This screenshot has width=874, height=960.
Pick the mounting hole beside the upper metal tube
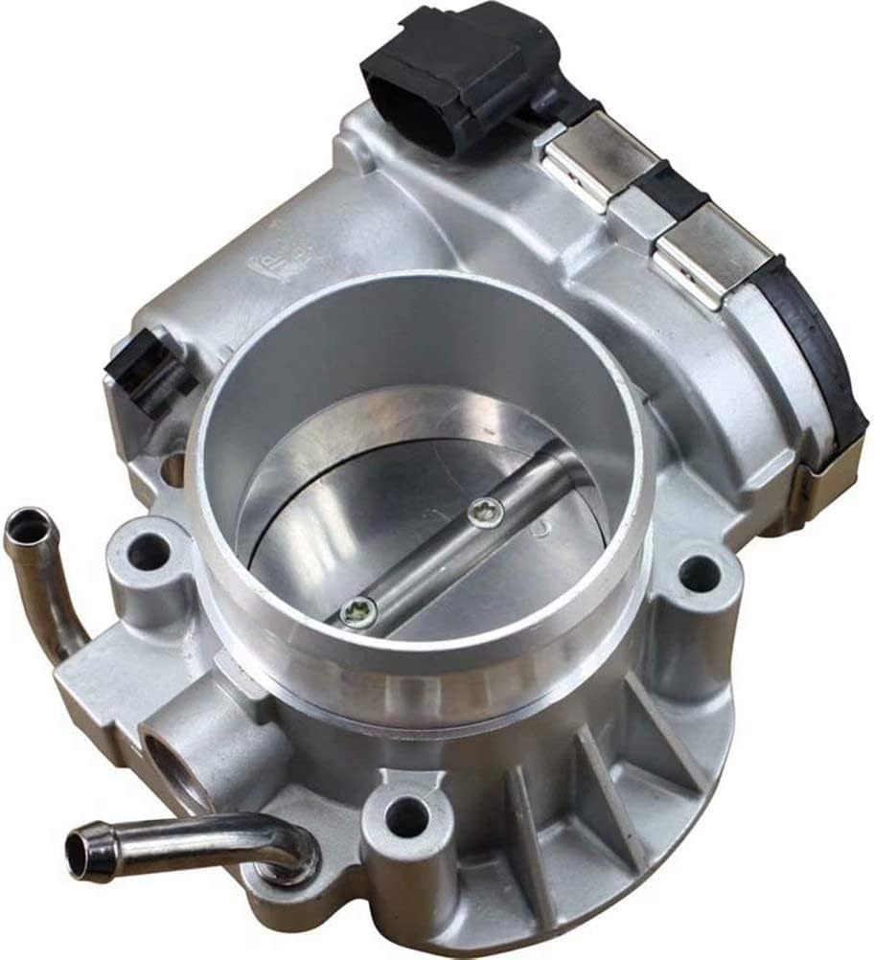(149, 553)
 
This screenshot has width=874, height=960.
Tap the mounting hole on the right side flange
(698, 576)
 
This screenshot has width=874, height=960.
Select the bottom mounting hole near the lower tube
(406, 816)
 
